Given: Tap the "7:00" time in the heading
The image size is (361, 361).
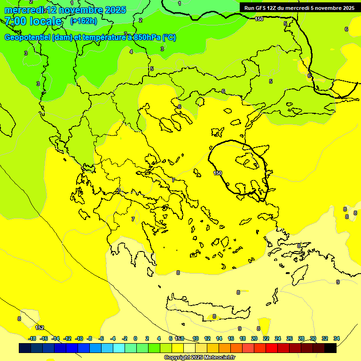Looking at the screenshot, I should click(x=16, y=21).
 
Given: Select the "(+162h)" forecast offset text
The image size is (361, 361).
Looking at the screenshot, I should click(x=83, y=21).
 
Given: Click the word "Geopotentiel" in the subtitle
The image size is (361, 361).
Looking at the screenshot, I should click(x=27, y=38).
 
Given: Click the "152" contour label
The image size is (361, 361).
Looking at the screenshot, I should click(x=39, y=328).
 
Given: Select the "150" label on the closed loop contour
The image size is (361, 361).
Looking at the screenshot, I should click(x=218, y=173).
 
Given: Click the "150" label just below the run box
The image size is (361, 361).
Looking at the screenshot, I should click(x=259, y=19).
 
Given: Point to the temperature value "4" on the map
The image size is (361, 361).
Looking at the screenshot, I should click(x=131, y=52).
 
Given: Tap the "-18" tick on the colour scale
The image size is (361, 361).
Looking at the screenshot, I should click(x=32, y=338).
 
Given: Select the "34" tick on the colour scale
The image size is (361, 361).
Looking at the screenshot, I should click(x=337, y=338).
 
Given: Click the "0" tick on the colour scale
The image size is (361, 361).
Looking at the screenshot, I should click(x=135, y=338).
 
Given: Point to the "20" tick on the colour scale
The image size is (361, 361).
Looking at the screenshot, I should click(x=254, y=338).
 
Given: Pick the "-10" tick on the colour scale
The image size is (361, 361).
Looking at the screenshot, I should click(x=79, y=338).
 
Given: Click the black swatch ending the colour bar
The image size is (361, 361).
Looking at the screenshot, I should click(x=330, y=348).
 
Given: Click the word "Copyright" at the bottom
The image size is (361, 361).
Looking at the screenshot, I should click(x=177, y=358).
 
